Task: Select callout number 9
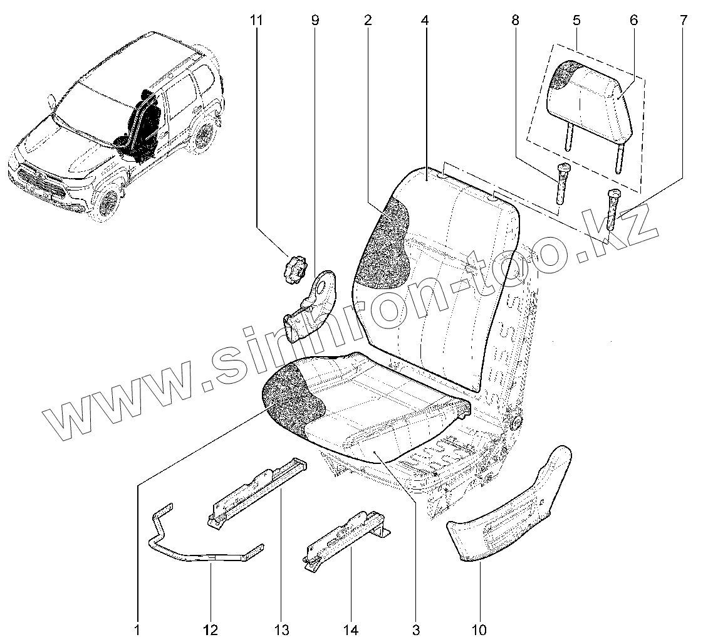pyautogui.click(x=315, y=21)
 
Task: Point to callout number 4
pyautogui.click(x=425, y=21)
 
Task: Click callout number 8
pyautogui.click(x=515, y=21)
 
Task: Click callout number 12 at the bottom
pyautogui.click(x=211, y=629)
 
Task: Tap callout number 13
pyautogui.click(x=281, y=629)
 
